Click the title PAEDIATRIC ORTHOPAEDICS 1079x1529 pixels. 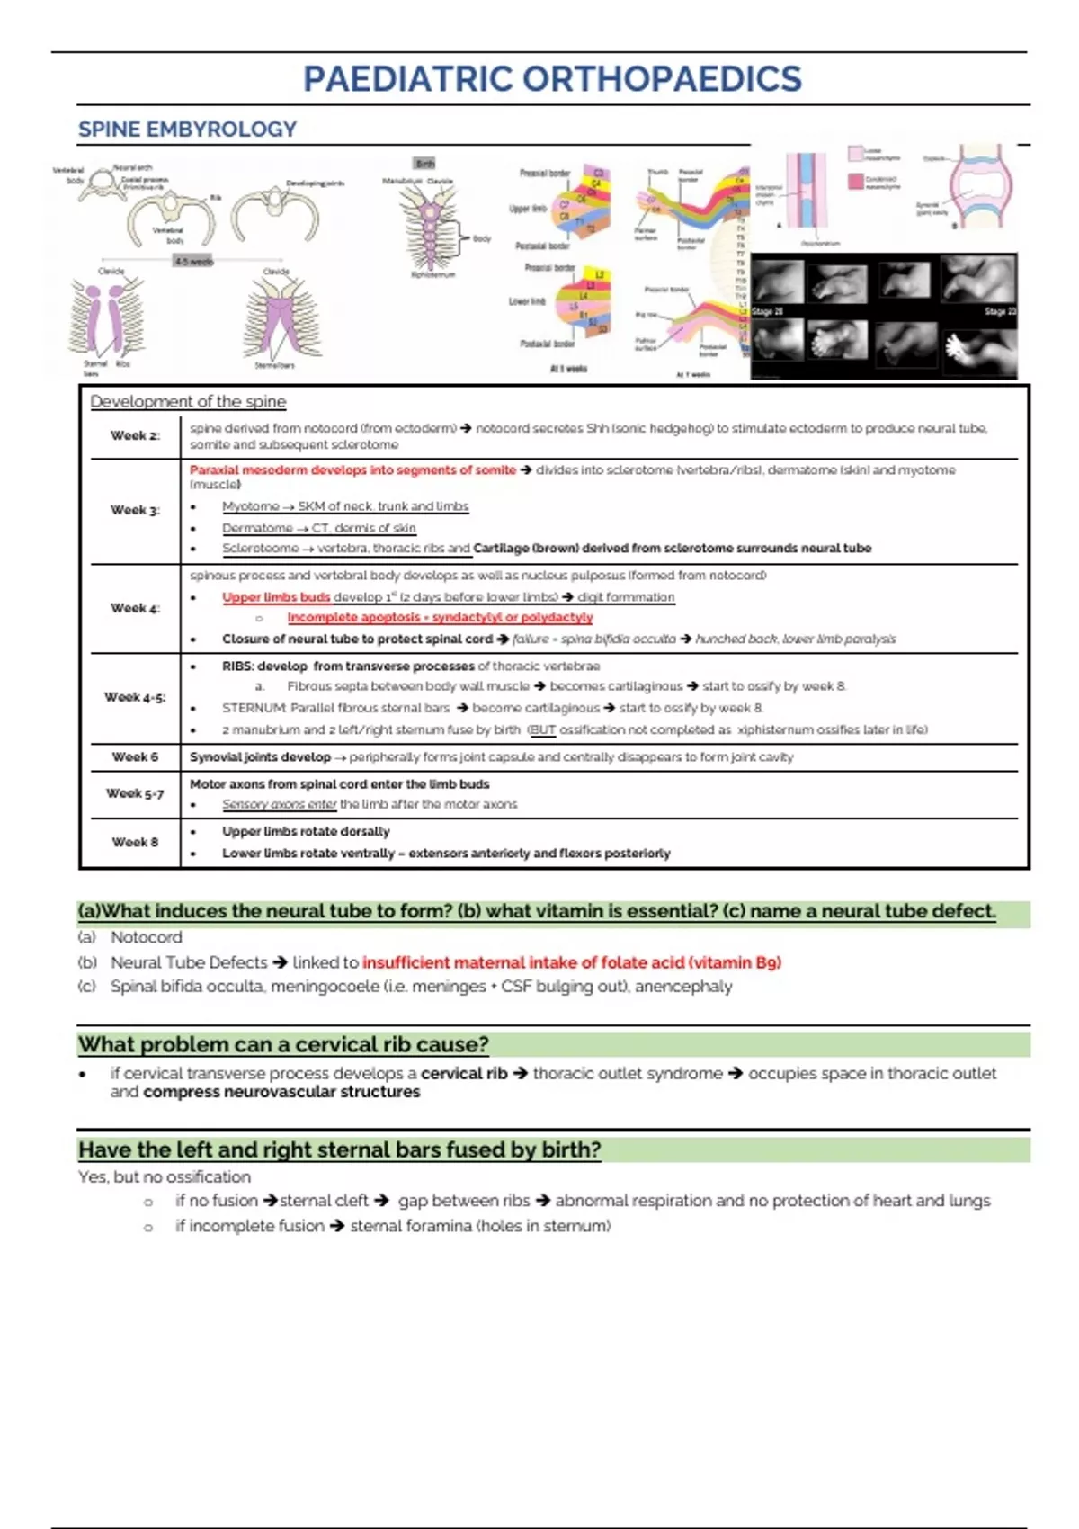tap(552, 79)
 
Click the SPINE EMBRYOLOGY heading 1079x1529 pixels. tap(187, 130)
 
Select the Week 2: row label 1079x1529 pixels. tap(135, 435)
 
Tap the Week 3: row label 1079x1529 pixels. tap(135, 510)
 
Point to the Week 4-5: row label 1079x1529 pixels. tap(135, 697)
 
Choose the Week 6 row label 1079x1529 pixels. tap(135, 757)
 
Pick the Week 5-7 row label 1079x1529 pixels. tap(135, 793)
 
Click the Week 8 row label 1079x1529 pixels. tap(135, 842)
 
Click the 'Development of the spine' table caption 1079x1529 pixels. tap(188, 401)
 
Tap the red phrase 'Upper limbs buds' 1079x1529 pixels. tap(276, 597)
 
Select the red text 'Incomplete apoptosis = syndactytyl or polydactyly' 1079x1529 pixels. tap(440, 618)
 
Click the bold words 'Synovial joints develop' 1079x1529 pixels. tap(260, 757)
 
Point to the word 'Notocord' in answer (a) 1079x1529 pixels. tap(146, 937)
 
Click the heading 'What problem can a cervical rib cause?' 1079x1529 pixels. tap(283, 1045)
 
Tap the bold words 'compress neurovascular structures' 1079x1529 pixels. tap(281, 1092)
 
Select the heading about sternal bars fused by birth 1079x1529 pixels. tap(339, 1150)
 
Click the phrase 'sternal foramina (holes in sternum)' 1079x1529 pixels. tap(480, 1226)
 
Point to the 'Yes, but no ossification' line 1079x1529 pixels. tap(165, 1176)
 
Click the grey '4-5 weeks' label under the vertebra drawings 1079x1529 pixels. tap(193, 262)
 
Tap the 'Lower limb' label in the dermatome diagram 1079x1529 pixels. tap(527, 301)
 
